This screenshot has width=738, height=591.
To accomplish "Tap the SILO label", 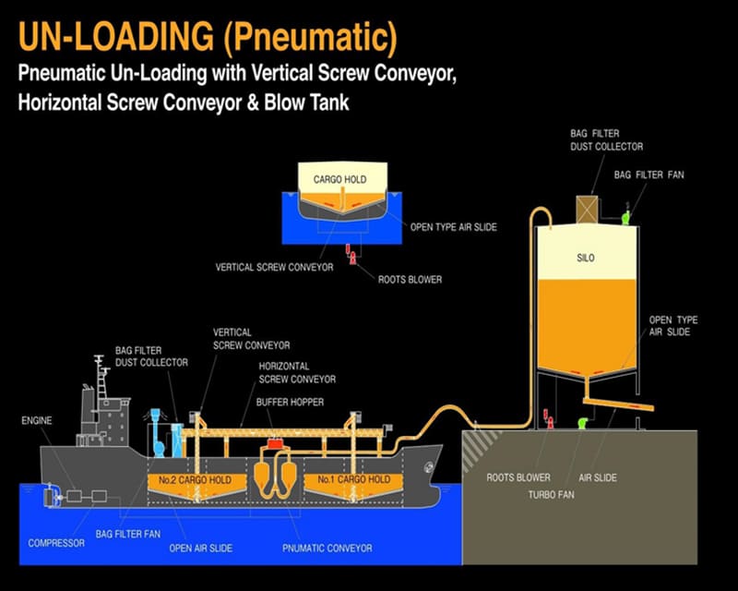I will point(586,259).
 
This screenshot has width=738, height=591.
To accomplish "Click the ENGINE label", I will point(37,420).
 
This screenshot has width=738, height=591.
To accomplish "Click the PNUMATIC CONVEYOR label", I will point(327,549).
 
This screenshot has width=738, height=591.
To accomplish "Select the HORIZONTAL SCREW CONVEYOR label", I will point(297,372).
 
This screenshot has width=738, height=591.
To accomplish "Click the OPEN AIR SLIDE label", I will point(200,549).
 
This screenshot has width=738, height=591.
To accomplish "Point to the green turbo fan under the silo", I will point(582,423).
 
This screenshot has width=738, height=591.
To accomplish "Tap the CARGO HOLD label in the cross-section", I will point(340,178).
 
